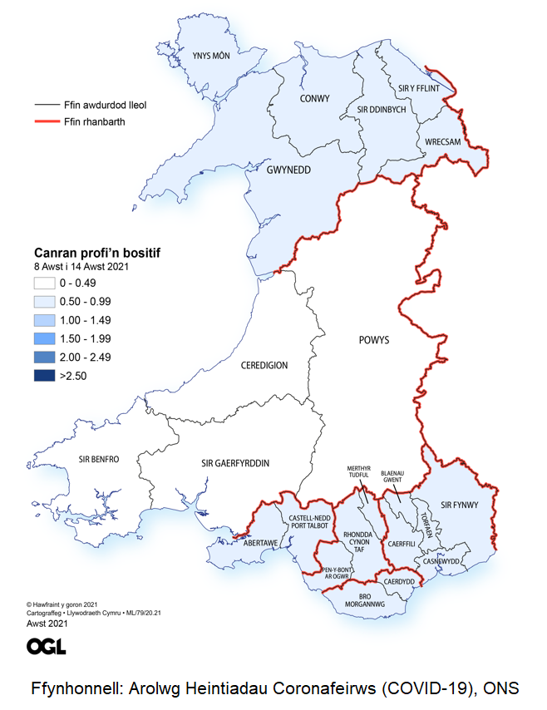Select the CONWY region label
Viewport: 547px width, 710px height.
pyautogui.click(x=313, y=99)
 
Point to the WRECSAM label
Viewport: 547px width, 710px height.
pyautogui.click(x=442, y=142)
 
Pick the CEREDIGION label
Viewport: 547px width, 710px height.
pyautogui.click(x=264, y=365)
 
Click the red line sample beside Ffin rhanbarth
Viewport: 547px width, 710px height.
pyautogui.click(x=47, y=122)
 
